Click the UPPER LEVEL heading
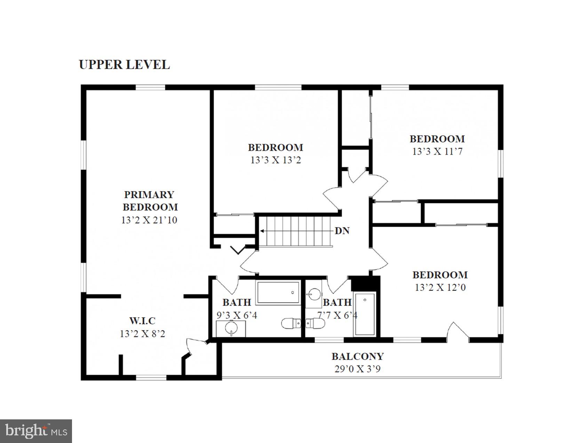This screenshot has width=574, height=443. click(124, 65)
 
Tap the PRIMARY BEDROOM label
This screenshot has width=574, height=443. click(150, 201)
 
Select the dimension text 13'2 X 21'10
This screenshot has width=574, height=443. click(149, 220)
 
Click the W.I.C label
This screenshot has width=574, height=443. click(142, 321)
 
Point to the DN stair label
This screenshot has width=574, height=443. click(342, 231)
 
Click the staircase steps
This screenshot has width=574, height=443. click(296, 231)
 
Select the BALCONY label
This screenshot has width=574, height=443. click(357, 356)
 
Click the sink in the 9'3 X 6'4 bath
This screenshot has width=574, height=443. click(231, 328)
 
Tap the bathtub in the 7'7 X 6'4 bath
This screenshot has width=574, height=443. click(365, 315)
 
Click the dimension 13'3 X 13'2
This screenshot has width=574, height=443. click(276, 160)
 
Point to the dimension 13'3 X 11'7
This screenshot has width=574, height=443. click(437, 152)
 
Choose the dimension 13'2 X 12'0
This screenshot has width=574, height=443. click(440, 288)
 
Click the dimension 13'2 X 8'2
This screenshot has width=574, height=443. click(142, 334)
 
